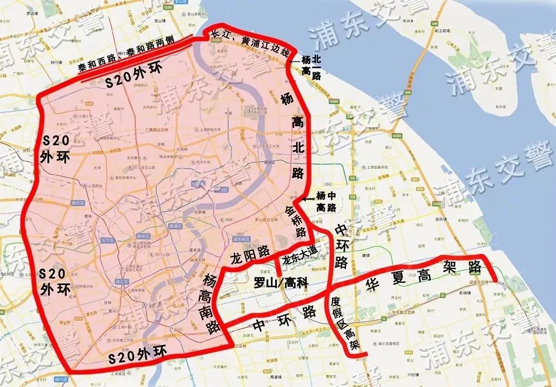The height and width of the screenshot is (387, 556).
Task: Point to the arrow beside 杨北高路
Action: point(295,59)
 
